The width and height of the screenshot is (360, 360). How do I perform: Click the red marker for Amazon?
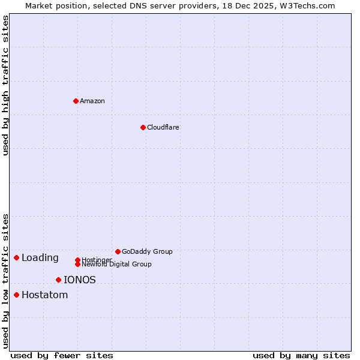pyautogui.click(x=76, y=101)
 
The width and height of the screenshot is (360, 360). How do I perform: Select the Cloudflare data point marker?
pyautogui.click(x=143, y=127)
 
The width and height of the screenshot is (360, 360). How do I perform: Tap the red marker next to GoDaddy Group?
pyautogui.click(x=118, y=251)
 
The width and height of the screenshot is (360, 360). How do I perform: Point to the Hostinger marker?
pyautogui.click(x=77, y=260)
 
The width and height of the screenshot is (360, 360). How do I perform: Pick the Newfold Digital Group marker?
pyautogui.click(x=77, y=264)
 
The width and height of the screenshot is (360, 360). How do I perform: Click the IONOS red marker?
pyautogui.click(x=58, y=280)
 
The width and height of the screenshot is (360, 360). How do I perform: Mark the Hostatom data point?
pyautogui.click(x=16, y=295)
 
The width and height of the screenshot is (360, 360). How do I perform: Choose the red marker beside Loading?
pyautogui.click(x=16, y=257)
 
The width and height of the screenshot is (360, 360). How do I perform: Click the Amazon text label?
pyautogui.click(x=92, y=101)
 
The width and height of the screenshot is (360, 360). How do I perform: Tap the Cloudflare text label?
pyautogui.click(x=163, y=127)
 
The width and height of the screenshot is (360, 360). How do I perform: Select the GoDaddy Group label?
pyautogui.click(x=147, y=251)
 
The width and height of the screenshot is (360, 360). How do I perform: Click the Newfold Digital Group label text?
pyautogui.click(x=117, y=264)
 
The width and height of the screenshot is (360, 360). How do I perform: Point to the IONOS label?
pyautogui.click(x=80, y=280)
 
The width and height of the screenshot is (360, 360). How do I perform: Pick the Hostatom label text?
pyautogui.click(x=45, y=295)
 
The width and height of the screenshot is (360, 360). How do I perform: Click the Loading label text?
pyautogui.click(x=40, y=258)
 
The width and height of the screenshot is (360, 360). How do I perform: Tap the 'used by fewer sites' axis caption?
pyautogui.click(x=62, y=355)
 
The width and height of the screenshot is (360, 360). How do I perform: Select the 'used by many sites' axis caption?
pyautogui.click(x=301, y=355)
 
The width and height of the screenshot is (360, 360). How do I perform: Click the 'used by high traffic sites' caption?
pyautogui.click(x=5, y=85)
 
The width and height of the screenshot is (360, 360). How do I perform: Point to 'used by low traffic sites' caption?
pyautogui.click(x=5, y=280)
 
